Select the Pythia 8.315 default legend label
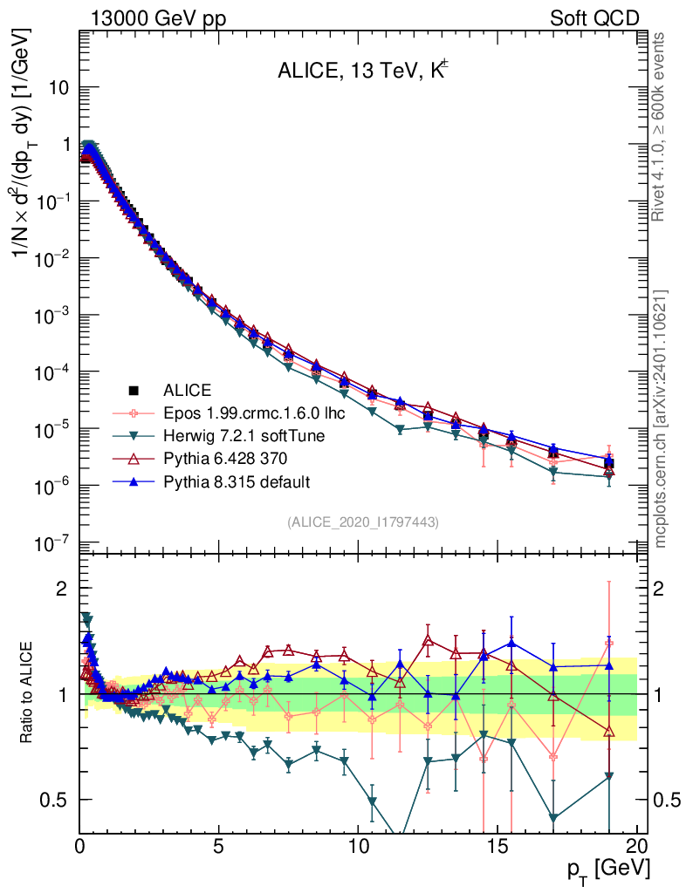237,481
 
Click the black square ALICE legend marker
134,389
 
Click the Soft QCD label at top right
594,18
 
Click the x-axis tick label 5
219,845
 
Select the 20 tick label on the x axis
636,845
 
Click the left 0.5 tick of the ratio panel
58,800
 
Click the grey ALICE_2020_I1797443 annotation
363,521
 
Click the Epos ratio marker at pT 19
609,644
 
